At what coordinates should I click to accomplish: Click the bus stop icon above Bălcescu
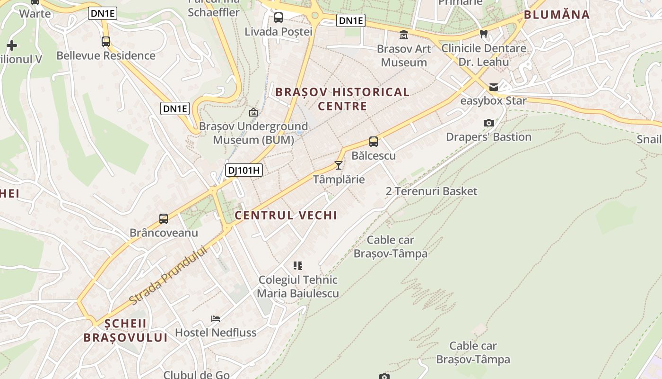[x=374, y=141]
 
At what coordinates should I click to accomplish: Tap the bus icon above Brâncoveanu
[x=164, y=219]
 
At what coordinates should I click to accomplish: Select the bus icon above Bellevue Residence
[x=106, y=42]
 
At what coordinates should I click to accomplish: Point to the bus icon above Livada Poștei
[x=279, y=18]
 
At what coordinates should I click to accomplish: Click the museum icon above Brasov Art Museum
[x=404, y=35]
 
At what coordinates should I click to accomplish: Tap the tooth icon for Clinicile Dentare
[x=483, y=34]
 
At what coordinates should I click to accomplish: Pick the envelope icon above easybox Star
[x=494, y=87]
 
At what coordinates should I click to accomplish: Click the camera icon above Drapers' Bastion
[x=489, y=123]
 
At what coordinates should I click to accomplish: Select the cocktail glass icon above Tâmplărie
[x=339, y=165]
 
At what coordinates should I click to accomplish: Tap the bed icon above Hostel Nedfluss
[x=216, y=318]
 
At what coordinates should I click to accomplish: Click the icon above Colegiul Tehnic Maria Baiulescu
[x=298, y=265]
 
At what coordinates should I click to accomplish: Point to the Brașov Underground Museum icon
[x=253, y=112]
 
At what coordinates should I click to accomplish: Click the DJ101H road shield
[x=244, y=170]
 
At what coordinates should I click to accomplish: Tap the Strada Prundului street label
[x=168, y=275]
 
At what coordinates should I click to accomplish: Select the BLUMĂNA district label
[x=557, y=15]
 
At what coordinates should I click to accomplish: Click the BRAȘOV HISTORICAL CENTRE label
[x=342, y=99]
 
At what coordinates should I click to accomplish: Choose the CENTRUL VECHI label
[x=286, y=215]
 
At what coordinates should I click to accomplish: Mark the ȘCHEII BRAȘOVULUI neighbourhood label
[x=126, y=331]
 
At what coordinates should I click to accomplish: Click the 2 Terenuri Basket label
[x=431, y=191]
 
